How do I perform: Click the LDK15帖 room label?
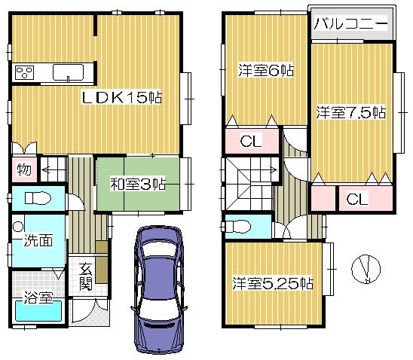(123, 98)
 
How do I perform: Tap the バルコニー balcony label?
(350, 24)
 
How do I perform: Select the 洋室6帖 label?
(266, 69)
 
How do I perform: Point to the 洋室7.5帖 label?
(350, 113)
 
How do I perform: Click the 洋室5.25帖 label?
(272, 284)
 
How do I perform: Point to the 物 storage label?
(24, 169)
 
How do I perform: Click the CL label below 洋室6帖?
(252, 142)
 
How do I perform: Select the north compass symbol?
(367, 268)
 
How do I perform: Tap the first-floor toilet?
(36, 199)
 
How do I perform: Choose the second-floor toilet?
(240, 225)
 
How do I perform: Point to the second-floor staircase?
(249, 181)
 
